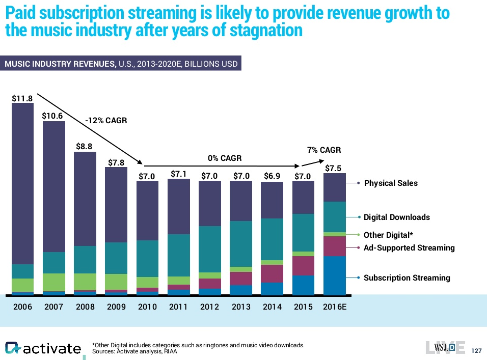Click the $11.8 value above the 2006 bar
tap(22, 97)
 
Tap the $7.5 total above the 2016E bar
tap(333, 168)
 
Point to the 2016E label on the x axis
tap(335, 307)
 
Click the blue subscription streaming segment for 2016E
tap(335, 275)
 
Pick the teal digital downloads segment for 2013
tap(241, 243)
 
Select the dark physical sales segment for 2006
tap(22, 183)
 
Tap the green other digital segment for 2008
tap(85, 282)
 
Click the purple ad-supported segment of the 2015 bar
tap(303, 265)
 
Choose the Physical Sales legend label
tap(391, 183)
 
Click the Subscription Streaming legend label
tap(407, 278)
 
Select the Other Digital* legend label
tap(388, 235)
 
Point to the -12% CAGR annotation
tap(106, 121)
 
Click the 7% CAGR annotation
tap(323, 150)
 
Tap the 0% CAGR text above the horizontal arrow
tap(225, 158)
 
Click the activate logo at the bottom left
tap(43, 348)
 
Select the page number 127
tap(477, 351)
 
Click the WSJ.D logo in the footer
tap(444, 347)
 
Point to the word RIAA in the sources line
tap(170, 352)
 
